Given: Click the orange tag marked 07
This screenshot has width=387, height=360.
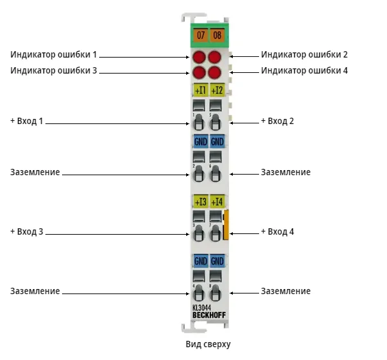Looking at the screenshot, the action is (201, 35).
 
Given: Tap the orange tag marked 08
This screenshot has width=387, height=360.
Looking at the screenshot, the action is (217, 35).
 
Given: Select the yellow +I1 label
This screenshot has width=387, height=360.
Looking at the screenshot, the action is (200, 90).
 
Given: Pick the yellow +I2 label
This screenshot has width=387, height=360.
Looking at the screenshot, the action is (217, 90).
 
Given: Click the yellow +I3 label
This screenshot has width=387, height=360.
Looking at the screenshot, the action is (200, 201).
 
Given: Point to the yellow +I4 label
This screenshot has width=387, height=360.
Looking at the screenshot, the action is (217, 201).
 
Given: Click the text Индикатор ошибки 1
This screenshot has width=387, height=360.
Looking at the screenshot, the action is (54, 54).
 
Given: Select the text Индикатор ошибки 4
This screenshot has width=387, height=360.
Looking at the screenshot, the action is (304, 70).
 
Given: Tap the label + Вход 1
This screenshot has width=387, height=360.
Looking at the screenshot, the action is (27, 121).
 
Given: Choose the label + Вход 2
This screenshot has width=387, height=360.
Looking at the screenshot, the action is (278, 121).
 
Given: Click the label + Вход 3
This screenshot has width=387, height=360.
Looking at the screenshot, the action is (27, 231).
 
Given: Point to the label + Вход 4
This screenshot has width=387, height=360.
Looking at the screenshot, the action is (278, 231).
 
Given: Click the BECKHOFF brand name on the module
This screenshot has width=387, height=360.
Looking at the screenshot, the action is (209, 315).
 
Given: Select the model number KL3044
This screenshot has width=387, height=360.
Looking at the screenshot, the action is (201, 308).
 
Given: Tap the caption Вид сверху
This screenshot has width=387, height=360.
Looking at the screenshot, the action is (208, 344).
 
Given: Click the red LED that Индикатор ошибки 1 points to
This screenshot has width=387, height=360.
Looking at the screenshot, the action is (199, 57).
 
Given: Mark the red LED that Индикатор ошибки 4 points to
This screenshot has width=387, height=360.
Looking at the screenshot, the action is (214, 72).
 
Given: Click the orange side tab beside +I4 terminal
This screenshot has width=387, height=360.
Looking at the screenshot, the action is (226, 224).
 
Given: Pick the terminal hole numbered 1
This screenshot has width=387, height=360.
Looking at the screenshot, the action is (199, 122).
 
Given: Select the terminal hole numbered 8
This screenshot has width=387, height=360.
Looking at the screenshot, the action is (215, 293).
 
